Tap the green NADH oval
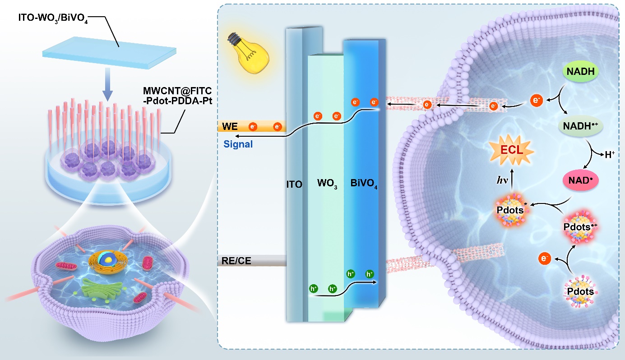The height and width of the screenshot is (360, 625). [580, 71]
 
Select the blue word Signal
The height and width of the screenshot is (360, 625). [238, 145]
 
